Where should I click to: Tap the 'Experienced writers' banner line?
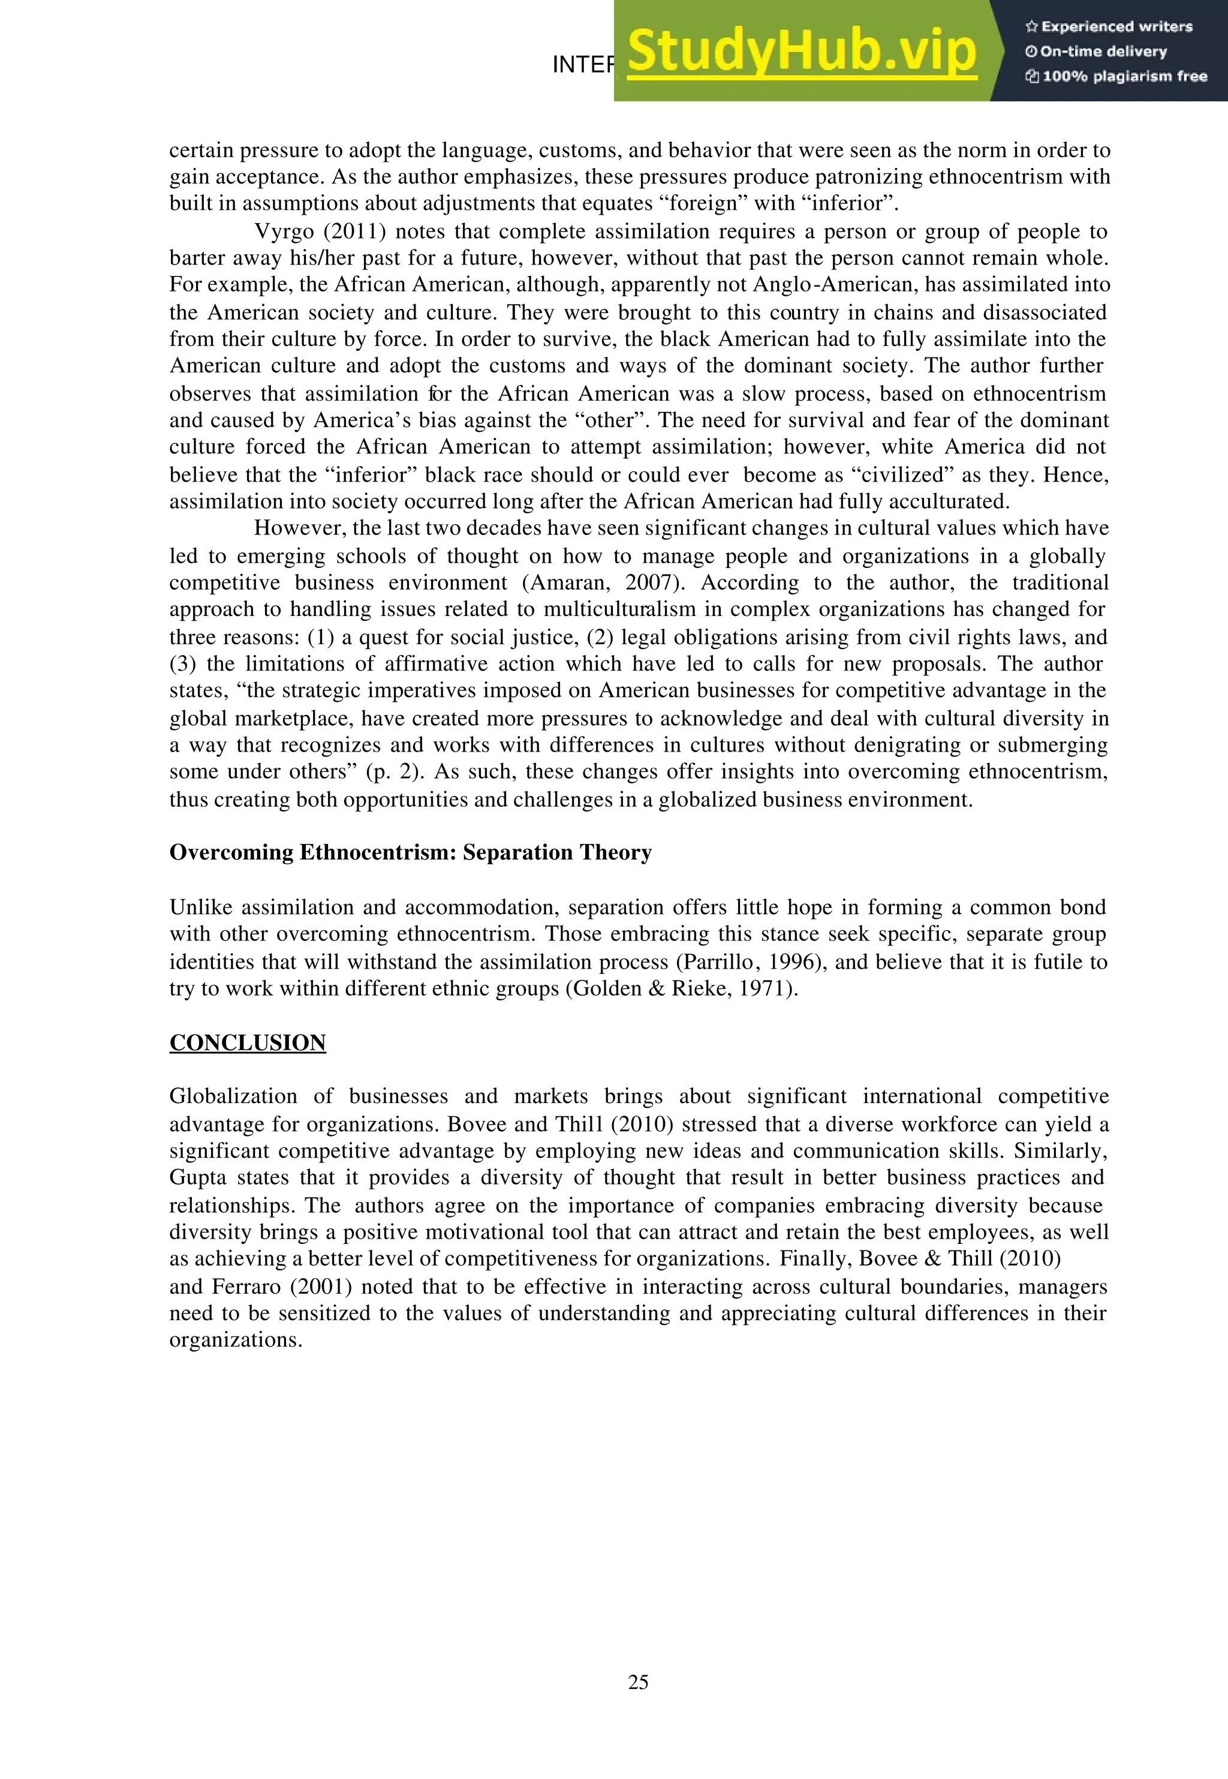[x=1109, y=27]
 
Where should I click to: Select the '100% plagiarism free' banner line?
[x=1116, y=76]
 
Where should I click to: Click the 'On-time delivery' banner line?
[x=1097, y=52]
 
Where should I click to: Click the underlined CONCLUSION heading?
[x=248, y=1042]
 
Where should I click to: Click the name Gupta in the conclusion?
[x=197, y=1177]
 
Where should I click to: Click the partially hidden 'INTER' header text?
[x=582, y=65]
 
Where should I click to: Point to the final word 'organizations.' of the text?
[x=236, y=1339]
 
